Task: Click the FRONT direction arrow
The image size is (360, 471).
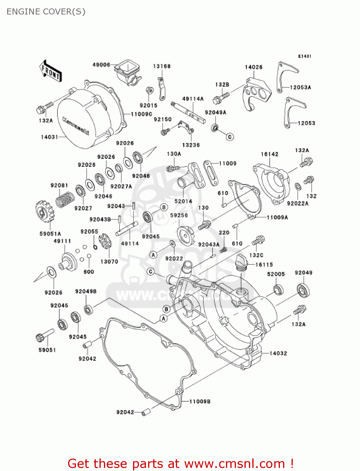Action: [50, 72]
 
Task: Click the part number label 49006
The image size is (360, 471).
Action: [101, 65]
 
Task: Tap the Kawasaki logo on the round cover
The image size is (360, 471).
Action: [76, 126]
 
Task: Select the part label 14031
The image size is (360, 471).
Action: [49, 137]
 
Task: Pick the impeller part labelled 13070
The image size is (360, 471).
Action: [105, 242]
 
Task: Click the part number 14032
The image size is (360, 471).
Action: [278, 353]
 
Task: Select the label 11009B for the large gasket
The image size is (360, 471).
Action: [200, 401]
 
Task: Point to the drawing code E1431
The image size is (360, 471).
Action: [304, 56]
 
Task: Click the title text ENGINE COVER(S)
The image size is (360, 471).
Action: [46, 12]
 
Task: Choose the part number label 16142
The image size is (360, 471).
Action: [269, 154]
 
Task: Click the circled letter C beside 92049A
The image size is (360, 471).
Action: [230, 137]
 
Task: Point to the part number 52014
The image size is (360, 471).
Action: [183, 201]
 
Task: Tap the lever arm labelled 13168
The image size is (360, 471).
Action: [161, 89]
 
